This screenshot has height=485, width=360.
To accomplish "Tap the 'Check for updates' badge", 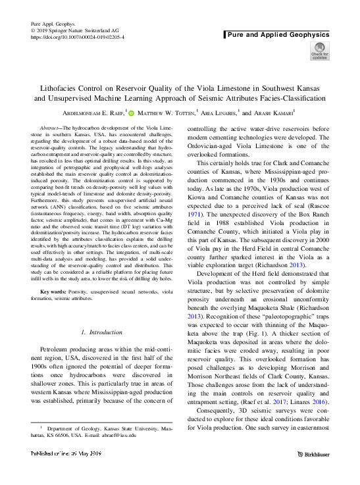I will pyautogui.click(x=319, y=51).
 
